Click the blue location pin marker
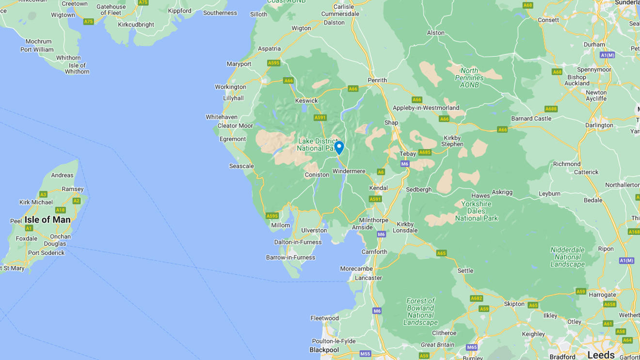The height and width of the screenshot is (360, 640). coord(339,147)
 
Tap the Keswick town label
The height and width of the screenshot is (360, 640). coord(306,101)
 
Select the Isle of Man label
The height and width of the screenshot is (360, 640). coord(48,219)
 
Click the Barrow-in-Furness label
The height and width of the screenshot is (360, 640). coord(290,257)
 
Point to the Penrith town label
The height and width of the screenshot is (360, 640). coord(377,80)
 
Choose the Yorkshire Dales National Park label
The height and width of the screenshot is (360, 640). coord(476,211)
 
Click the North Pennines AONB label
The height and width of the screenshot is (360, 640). coord(469,78)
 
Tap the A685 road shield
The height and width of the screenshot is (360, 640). coord(425,152)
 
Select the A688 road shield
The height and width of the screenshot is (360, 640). coord(551,109)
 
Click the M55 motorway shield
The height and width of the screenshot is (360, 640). coord(365,354)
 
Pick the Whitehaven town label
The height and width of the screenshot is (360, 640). coord(222,117)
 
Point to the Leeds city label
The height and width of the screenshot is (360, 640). coord(601,355)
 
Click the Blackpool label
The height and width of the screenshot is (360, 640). coord(324,350)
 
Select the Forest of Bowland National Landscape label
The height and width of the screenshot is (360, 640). coord(420,312)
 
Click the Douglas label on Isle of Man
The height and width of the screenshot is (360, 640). coord(55,244)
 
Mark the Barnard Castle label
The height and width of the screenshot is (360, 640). coord(531,118)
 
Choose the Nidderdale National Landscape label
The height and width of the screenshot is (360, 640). coord(568,257)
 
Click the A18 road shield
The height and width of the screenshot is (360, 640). coord(60,210)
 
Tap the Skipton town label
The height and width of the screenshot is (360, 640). coord(514,304)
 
